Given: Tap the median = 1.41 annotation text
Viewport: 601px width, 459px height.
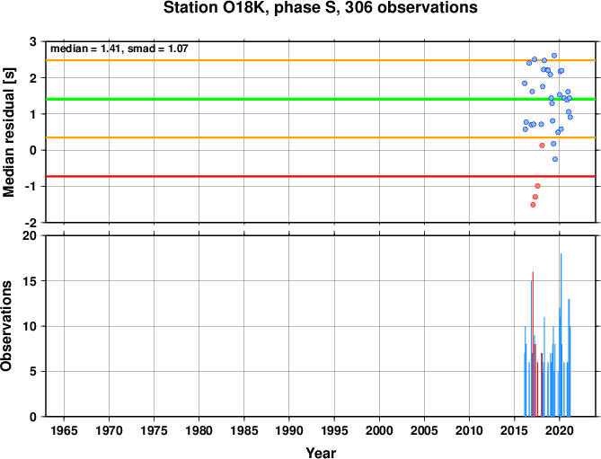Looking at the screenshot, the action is pyautogui.click(x=86, y=49).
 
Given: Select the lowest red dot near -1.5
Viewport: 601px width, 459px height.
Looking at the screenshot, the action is pyautogui.click(x=533, y=205).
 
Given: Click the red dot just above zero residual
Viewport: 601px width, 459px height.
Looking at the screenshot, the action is pyautogui.click(x=542, y=146).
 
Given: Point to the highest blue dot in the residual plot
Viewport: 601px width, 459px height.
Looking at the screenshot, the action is pyautogui.click(x=554, y=56).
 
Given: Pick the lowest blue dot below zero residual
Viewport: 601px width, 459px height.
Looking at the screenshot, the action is pyautogui.click(x=555, y=159).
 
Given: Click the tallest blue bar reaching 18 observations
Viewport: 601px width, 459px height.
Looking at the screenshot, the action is pyautogui.click(x=561, y=335).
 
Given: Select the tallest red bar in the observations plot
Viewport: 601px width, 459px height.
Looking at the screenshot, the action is pyautogui.click(x=533, y=344).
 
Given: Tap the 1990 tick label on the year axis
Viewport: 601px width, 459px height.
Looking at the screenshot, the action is pyautogui.click(x=289, y=430).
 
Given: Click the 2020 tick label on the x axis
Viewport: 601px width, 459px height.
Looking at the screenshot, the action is pyautogui.click(x=559, y=430).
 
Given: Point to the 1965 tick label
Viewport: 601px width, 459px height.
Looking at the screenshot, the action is pyautogui.click(x=64, y=430).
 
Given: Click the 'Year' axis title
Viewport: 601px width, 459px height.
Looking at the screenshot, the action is pyautogui.click(x=321, y=453).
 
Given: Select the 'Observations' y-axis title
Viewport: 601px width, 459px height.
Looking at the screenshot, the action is pyautogui.click(x=6, y=326).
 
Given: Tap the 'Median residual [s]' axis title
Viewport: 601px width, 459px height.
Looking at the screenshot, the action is pyautogui.click(x=8, y=132).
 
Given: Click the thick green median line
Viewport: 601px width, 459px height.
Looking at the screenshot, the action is pyautogui.click(x=321, y=99).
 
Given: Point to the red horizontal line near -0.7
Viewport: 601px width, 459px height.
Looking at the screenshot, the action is pyautogui.click(x=321, y=176).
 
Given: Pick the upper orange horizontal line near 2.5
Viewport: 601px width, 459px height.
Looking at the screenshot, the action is pyautogui.click(x=321, y=60).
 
